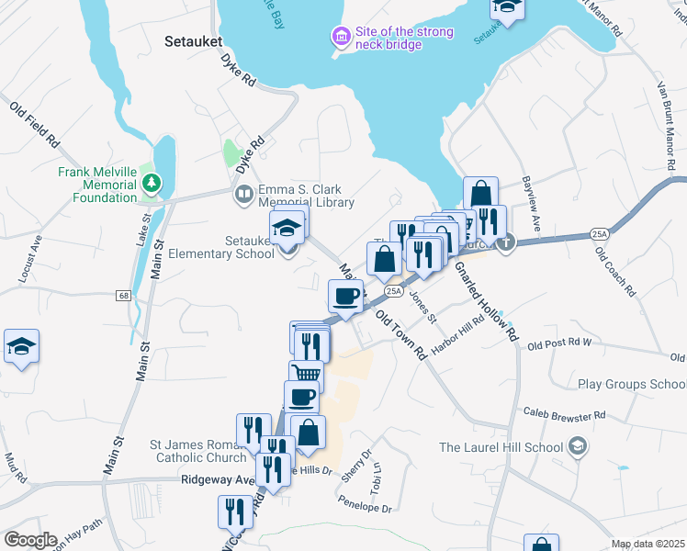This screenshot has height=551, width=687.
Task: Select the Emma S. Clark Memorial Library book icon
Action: pos(243,195)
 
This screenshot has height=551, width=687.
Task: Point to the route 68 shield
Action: pos(122,296)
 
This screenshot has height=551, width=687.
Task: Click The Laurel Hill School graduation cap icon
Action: pos(577,447)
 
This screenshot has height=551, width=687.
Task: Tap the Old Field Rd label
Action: pos(35,126)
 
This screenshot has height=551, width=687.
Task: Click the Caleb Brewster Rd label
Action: pos(563,415)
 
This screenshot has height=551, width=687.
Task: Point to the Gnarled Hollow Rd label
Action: pos(486,299)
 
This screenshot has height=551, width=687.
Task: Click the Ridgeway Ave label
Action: pos(217,479)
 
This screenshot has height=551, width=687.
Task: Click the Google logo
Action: pos(30,539)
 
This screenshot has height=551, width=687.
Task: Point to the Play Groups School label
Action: pos(632,384)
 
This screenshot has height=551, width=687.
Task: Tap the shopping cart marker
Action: pos(306,375)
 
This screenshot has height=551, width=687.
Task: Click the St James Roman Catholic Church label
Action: pos(198,450)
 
